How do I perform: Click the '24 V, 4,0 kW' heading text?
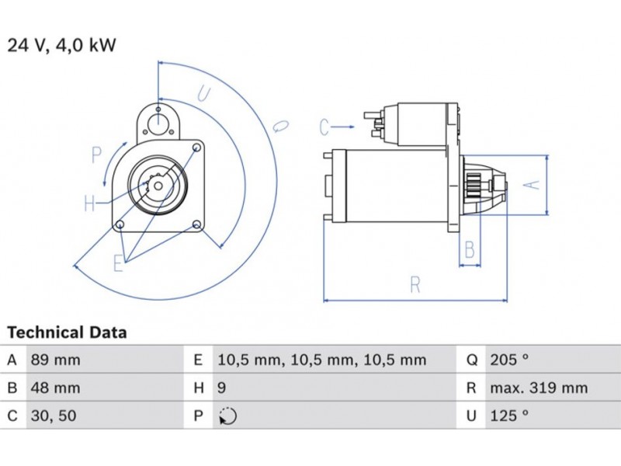[x=61, y=45]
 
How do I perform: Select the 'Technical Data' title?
[x=67, y=332]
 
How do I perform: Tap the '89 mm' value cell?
[x=55, y=360]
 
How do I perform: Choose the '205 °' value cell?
[x=509, y=360]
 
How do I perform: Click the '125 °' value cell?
[x=509, y=416]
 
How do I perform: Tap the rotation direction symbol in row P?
[x=227, y=416]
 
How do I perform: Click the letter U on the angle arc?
[x=203, y=95]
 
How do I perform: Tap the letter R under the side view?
[x=415, y=285]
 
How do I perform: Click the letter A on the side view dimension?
[x=531, y=185]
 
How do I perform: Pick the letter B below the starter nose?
[x=470, y=249]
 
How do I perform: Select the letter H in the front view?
[x=90, y=204]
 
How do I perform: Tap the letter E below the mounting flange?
[x=118, y=263]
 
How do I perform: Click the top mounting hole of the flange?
[x=158, y=110]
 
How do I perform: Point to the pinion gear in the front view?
[x=154, y=186]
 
